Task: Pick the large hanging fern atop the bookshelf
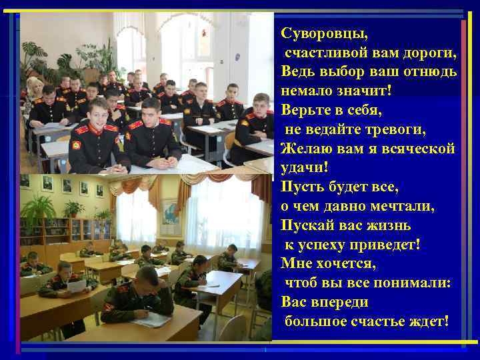click(36, 207)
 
